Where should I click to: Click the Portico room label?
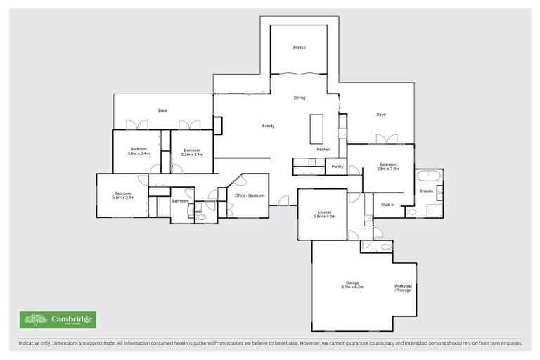(x=299, y=47)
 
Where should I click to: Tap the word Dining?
(x=299, y=98)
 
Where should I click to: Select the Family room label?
(x=268, y=126)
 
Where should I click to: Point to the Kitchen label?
(x=323, y=150)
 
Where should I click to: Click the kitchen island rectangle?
(x=316, y=129)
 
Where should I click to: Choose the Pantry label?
(x=337, y=167)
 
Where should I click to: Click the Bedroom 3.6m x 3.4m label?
(x=138, y=151)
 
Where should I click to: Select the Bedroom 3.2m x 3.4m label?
(x=193, y=152)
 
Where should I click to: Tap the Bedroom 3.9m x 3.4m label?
(x=123, y=195)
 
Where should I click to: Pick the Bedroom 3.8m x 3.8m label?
(x=388, y=167)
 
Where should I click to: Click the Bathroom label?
(x=181, y=201)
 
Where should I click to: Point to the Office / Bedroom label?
(x=250, y=195)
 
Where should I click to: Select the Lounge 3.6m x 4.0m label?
(x=324, y=214)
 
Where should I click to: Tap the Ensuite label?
(x=427, y=191)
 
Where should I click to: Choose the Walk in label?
(x=387, y=205)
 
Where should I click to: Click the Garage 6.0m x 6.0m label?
(x=352, y=285)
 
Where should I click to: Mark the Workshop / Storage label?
(x=403, y=288)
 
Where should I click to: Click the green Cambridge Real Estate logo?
(x=58, y=320)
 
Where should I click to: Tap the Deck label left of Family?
(x=162, y=110)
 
